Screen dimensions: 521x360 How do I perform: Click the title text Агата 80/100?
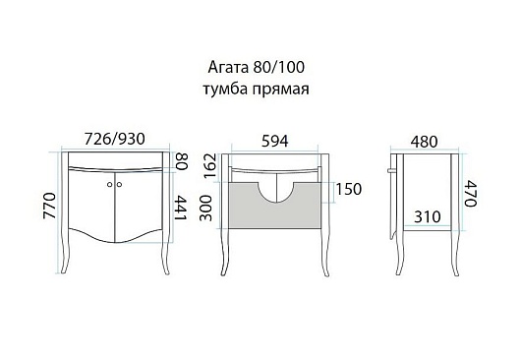[x=256, y=68]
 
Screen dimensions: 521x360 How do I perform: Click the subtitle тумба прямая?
[x=256, y=90]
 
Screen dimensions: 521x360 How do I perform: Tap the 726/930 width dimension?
[x=115, y=139]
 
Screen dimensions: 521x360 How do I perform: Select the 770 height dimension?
[x=49, y=206]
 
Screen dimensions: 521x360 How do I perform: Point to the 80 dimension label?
[x=182, y=161]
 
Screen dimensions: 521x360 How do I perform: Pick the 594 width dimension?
[x=275, y=141]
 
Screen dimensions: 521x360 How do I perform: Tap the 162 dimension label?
[x=210, y=166]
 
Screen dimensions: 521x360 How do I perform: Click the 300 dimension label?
[x=205, y=209]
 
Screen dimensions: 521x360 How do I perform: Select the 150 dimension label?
[x=349, y=189]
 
